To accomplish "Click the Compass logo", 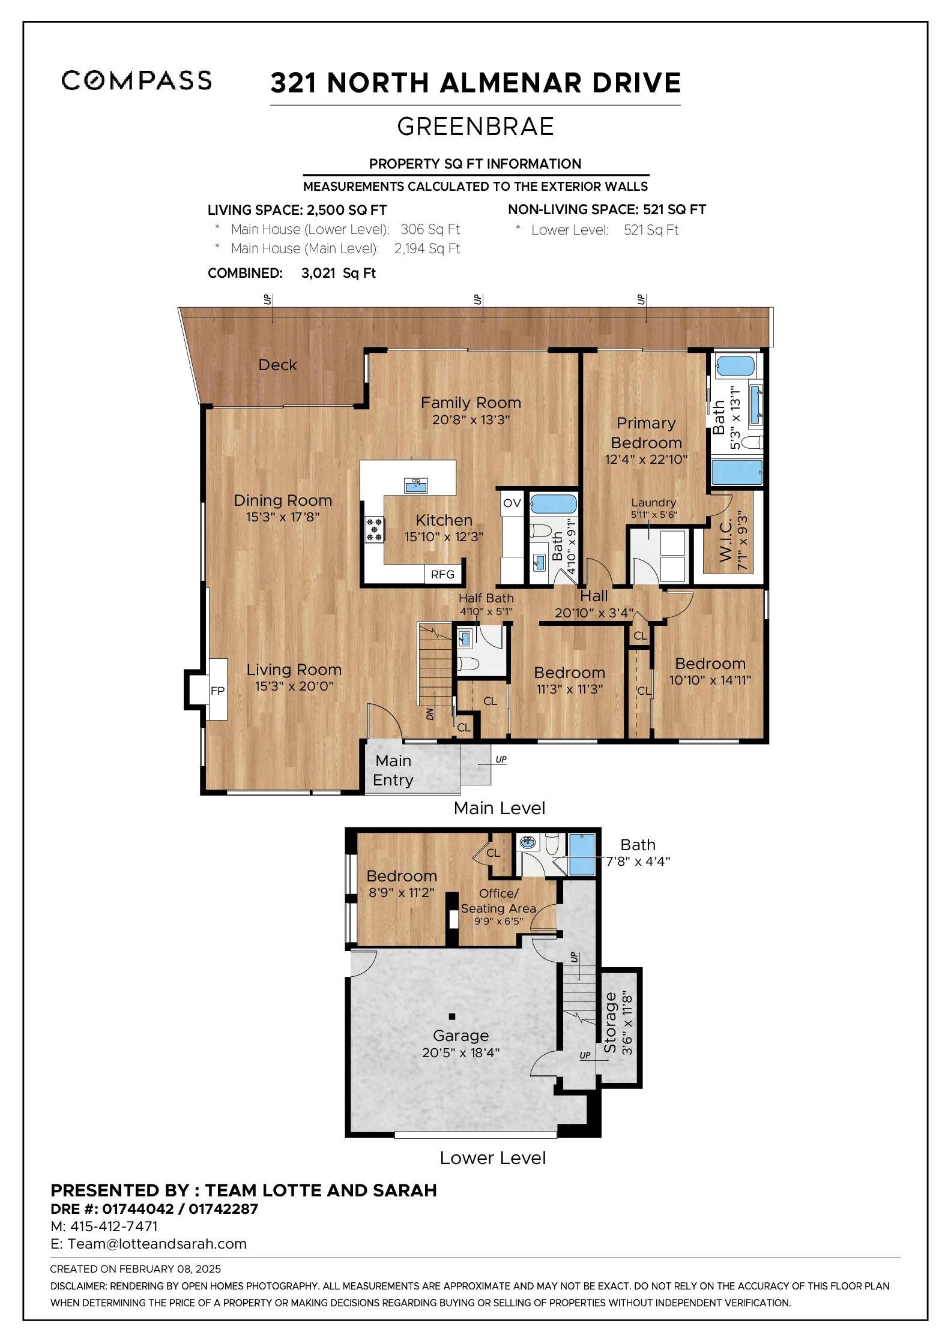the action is [136, 80].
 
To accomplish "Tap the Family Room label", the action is [471, 403].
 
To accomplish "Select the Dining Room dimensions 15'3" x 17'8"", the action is [282, 517].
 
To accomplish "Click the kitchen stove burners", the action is [375, 530].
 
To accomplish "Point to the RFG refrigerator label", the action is [442, 574].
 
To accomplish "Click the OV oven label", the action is [512, 503].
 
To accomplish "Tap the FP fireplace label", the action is [217, 691].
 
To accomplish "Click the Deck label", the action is [277, 365].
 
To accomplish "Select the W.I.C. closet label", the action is [726, 541].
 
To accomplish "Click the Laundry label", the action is [653, 502].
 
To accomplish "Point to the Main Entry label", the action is [393, 770].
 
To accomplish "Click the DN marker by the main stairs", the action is [430, 714].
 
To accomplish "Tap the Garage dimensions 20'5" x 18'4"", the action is [460, 1052].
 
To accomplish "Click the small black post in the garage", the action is [451, 1016].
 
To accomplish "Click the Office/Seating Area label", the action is [498, 901].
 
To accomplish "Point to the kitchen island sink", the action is [415, 485].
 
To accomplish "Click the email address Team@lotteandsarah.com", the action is [157, 1243].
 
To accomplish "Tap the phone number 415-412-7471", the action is [114, 1226].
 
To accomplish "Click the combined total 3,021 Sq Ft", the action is [339, 273].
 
